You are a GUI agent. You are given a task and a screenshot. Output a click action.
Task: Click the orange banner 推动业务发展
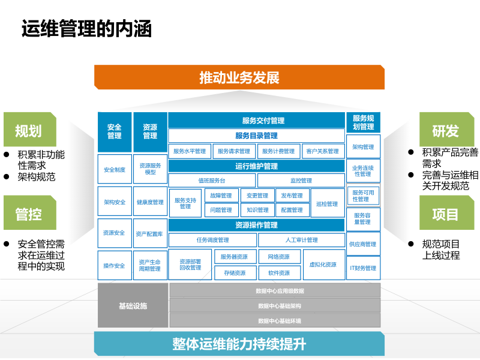[239, 77]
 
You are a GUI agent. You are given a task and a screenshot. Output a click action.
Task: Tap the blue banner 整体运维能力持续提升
[239, 344]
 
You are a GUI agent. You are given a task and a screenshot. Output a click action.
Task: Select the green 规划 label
[28, 130]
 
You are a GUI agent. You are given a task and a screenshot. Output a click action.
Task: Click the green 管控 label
[28, 214]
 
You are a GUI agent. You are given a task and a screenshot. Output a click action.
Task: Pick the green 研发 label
[445, 130]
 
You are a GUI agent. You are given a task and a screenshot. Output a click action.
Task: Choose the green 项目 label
[445, 214]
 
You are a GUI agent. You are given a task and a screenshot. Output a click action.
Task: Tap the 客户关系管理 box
[322, 151]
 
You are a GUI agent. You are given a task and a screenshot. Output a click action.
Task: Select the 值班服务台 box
[212, 180]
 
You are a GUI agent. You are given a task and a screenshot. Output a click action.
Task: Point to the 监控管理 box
[301, 180]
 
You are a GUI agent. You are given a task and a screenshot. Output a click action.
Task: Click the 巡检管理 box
[328, 203]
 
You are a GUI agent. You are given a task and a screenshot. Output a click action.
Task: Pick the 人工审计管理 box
[301, 240]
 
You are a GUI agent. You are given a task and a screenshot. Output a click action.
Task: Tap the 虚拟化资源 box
[323, 265]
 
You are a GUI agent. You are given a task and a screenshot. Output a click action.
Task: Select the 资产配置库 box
[149, 233]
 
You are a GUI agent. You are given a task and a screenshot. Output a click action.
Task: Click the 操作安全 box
[114, 265]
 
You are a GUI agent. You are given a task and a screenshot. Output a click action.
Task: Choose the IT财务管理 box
[363, 268]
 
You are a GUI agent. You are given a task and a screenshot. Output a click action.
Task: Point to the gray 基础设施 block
[133, 306]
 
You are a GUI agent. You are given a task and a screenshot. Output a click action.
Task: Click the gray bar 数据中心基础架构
[275, 306]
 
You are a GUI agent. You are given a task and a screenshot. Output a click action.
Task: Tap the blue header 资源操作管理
[256, 225]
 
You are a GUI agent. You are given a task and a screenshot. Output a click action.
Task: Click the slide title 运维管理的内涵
[87, 28]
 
